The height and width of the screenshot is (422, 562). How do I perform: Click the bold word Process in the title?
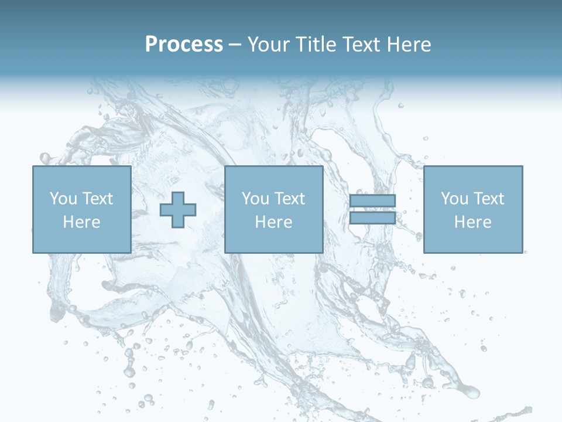184,45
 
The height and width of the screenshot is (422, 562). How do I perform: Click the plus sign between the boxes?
178,210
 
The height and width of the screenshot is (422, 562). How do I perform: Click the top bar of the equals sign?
372,200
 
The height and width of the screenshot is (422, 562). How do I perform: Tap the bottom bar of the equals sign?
372,218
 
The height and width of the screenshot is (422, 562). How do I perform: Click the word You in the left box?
63,199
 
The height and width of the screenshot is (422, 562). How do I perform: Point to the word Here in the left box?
81,222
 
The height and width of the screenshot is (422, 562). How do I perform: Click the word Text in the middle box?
289,199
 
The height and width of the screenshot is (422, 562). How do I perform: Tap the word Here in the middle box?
273,222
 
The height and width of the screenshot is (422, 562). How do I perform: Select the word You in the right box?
454,199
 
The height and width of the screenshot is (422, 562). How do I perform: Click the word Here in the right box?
472,222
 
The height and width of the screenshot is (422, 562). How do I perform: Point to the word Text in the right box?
488,199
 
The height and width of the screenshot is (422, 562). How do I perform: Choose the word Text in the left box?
97,199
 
